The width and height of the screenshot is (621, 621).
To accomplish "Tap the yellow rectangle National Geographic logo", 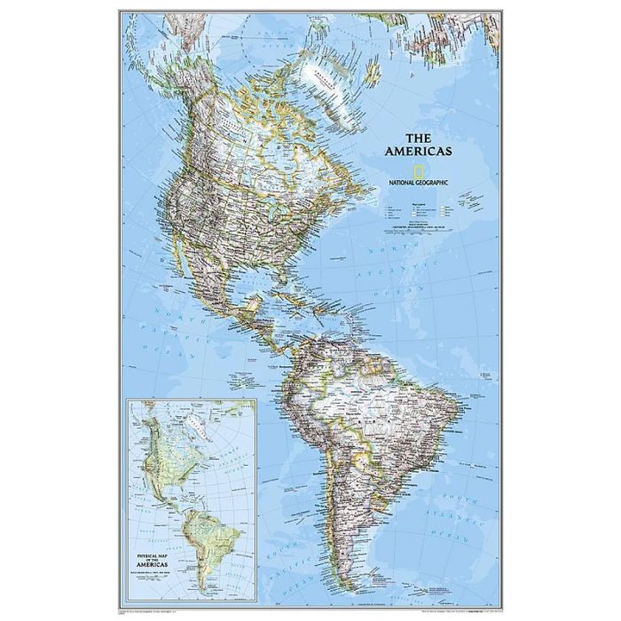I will click(416, 169).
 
